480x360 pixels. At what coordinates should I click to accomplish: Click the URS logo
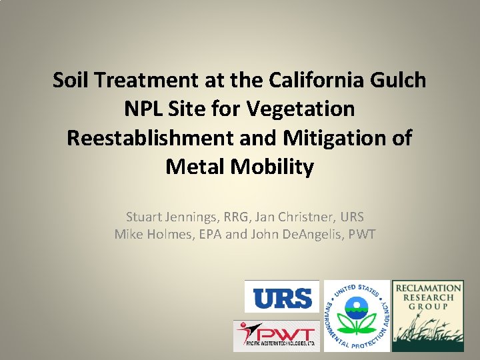coord(282,297)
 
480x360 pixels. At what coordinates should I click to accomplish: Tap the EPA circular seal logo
coord(357,315)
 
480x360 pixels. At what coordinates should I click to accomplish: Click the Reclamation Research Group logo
coord(427,315)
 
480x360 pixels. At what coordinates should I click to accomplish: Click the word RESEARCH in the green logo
coord(427,297)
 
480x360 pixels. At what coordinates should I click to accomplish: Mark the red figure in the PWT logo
coord(247,331)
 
